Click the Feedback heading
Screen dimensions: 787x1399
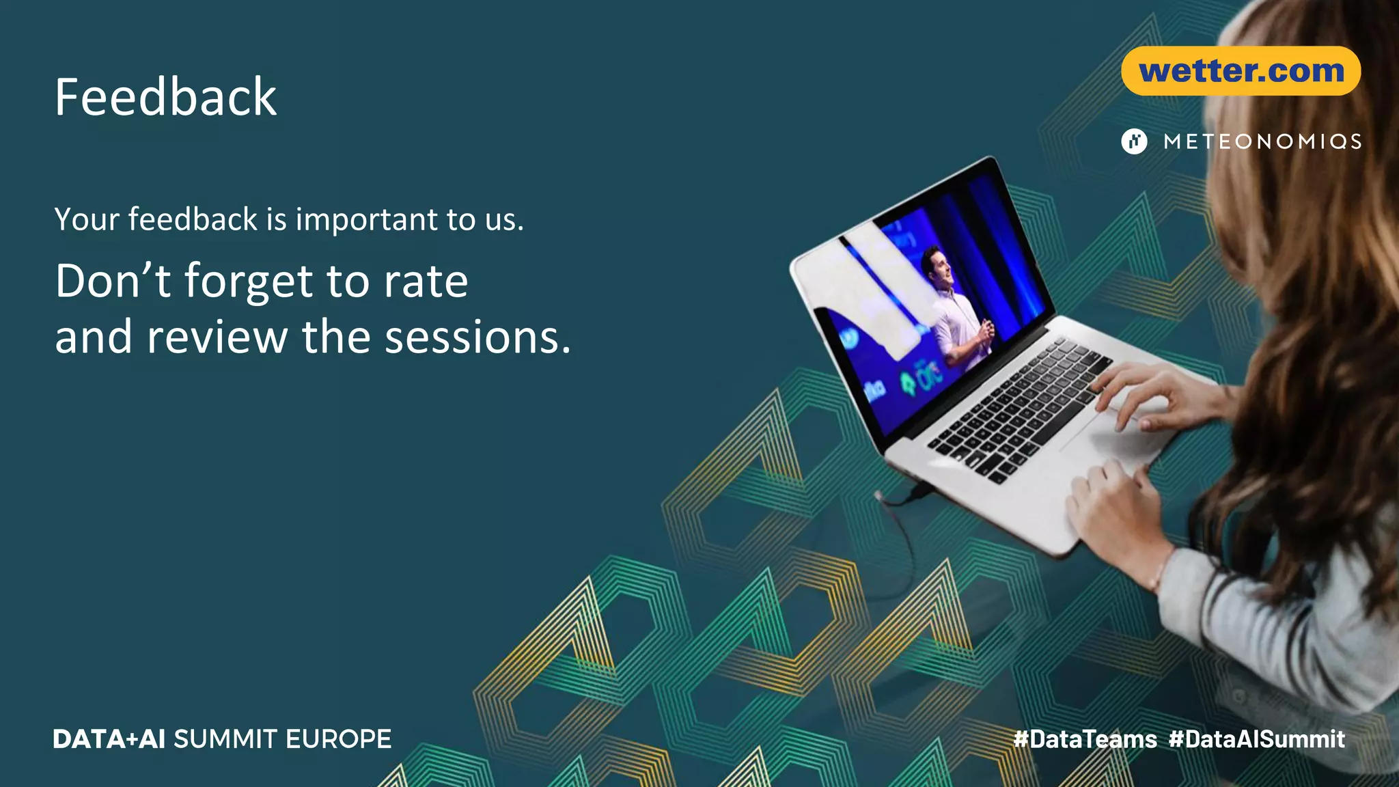click(x=165, y=97)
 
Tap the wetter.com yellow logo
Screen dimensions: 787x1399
click(x=1241, y=71)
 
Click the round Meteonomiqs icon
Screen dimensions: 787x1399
click(x=1134, y=141)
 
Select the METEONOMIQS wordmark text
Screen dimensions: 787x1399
click(x=1262, y=141)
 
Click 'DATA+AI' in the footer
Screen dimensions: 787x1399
click(x=109, y=739)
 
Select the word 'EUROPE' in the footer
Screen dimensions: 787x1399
click(x=338, y=739)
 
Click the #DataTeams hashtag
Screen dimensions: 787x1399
click(x=1085, y=739)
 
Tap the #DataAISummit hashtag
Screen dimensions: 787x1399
click(x=1257, y=739)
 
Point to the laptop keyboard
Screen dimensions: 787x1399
click(x=1018, y=410)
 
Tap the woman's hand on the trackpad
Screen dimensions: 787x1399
click(x=1154, y=396)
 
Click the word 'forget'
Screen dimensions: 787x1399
click(x=249, y=281)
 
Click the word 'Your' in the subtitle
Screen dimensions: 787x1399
click(x=87, y=220)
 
